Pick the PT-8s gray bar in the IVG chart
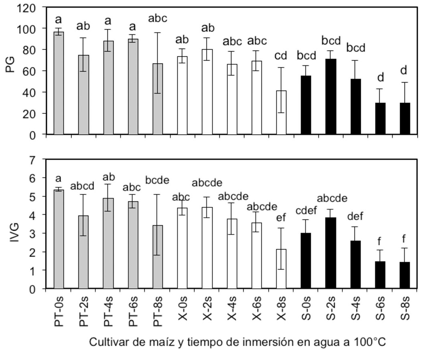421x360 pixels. pyautogui.click(x=158, y=257)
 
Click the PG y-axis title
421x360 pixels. pyautogui.click(x=11, y=65)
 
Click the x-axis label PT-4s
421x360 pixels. pyautogui.click(x=109, y=311)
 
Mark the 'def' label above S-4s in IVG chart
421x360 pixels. pyautogui.click(x=355, y=217)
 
